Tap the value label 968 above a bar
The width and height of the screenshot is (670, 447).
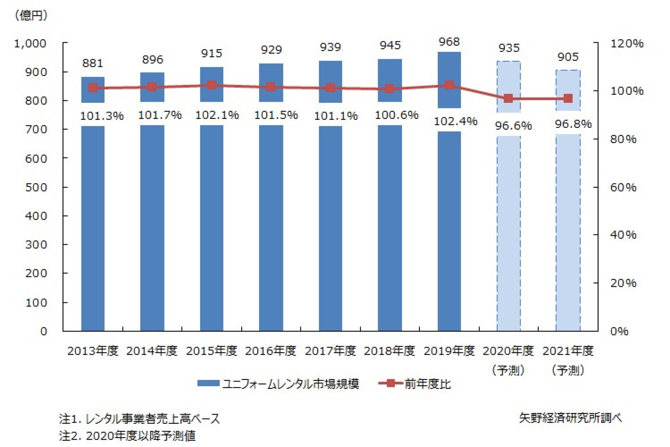click(x=449, y=42)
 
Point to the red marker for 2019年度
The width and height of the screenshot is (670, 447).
click(x=449, y=85)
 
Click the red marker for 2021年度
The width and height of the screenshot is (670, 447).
click(x=568, y=99)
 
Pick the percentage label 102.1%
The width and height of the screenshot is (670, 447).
click(x=217, y=115)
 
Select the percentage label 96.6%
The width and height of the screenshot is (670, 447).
click(x=513, y=126)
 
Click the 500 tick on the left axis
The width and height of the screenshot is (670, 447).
click(x=36, y=187)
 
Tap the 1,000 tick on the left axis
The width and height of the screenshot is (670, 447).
click(x=30, y=44)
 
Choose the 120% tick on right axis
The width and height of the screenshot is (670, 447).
click(x=626, y=44)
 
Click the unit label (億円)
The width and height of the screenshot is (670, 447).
click(x=31, y=15)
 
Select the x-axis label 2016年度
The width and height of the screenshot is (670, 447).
click(x=271, y=351)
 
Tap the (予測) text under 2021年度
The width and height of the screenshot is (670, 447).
click(x=568, y=370)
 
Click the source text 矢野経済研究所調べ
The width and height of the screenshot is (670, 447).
click(x=570, y=418)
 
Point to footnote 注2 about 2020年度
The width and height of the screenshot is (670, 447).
click(x=127, y=435)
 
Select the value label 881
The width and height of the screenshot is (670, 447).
click(x=93, y=63)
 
